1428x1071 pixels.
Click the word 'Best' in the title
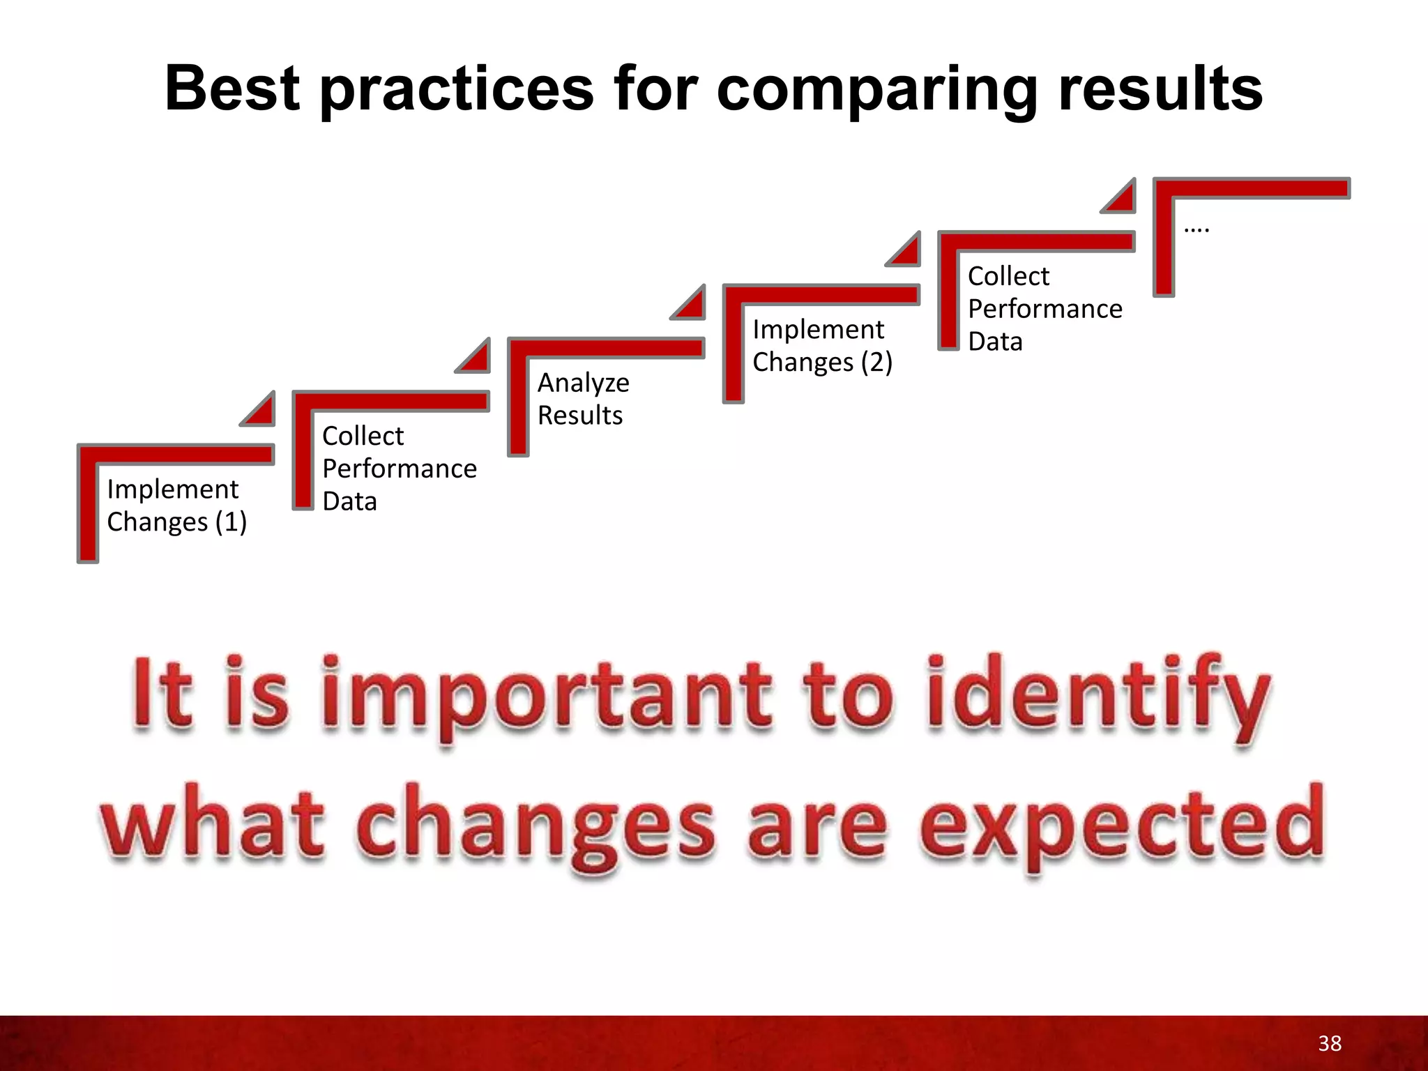232,89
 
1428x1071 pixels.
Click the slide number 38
1330,1043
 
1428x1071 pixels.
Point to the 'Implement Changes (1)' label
176,506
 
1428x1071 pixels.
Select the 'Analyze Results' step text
583,399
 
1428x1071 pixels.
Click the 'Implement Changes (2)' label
822,346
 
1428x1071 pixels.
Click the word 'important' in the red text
547,694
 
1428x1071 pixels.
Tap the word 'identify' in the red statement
1098,694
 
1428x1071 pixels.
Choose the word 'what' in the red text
213,823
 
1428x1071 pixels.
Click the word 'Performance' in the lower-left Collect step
400,469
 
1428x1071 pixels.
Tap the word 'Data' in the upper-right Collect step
995,342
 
